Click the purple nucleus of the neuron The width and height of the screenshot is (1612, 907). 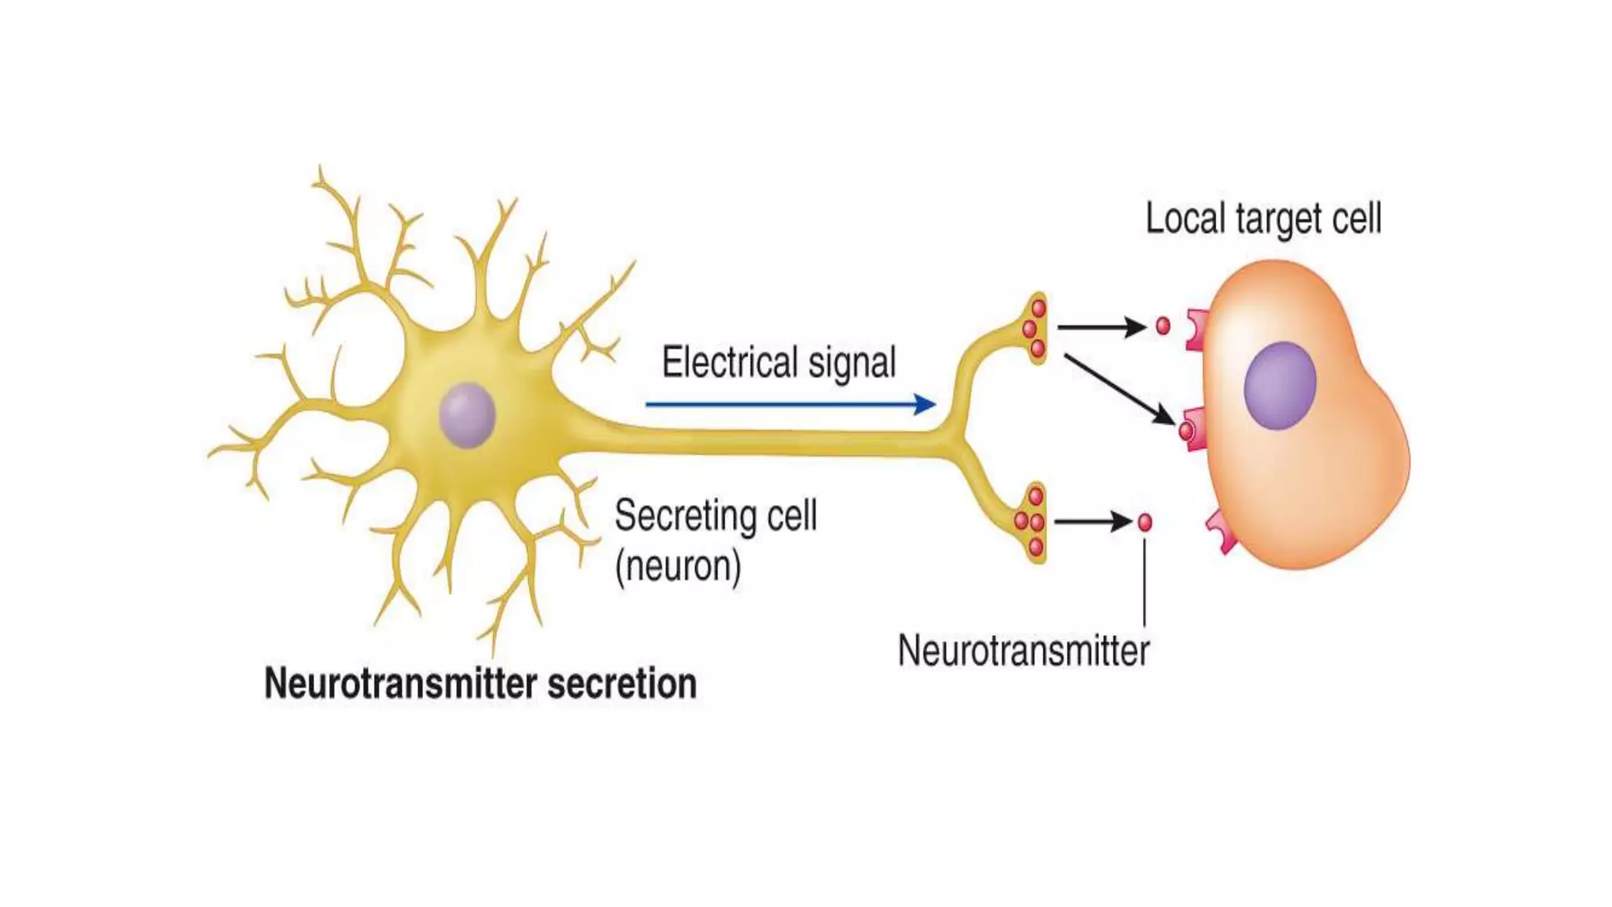point(467,415)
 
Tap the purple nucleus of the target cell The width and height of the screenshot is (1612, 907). point(1280,386)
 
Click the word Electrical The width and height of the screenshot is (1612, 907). point(730,363)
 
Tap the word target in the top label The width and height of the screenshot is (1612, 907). point(1279,220)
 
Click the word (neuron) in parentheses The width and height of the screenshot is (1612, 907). point(678,567)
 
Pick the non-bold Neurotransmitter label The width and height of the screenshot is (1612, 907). point(1023,651)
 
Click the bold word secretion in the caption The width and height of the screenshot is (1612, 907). point(622,683)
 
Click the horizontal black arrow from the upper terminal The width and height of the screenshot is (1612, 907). point(1101,327)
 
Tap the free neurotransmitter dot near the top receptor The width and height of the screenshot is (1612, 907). point(1163,326)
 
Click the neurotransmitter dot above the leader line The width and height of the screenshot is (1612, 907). point(1145,522)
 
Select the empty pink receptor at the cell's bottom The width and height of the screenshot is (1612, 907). point(1222,531)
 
